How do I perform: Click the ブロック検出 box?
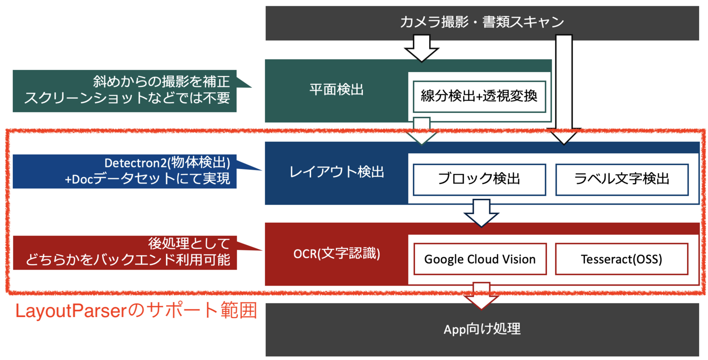(479, 179)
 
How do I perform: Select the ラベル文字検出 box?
(622, 179)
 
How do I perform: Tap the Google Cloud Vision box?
(480, 259)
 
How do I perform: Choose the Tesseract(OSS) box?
(621, 259)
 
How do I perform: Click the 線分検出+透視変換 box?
(479, 96)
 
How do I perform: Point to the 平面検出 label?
(336, 90)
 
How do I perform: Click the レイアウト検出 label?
(336, 172)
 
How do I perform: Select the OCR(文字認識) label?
(336, 254)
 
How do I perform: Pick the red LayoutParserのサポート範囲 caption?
(136, 311)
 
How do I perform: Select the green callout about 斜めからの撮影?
(126, 90)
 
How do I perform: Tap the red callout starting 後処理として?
(126, 252)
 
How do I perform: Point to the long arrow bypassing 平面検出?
(564, 89)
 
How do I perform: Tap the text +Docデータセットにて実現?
(147, 179)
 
